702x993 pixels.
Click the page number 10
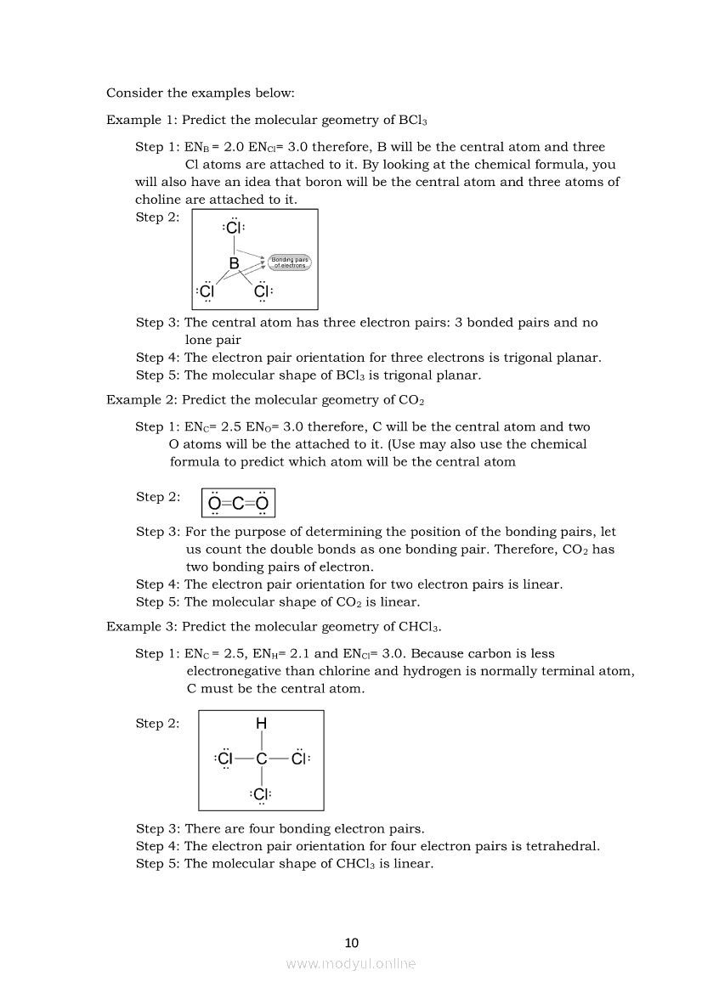(x=352, y=943)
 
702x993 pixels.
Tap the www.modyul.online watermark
(x=351, y=963)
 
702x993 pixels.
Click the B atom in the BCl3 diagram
(x=234, y=263)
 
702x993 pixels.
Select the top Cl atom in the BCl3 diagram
(x=234, y=228)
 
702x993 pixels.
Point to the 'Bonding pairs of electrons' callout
(x=291, y=262)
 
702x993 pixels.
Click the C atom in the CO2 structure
(x=239, y=504)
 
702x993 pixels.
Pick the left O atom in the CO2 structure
(x=214, y=504)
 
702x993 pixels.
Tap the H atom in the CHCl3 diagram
(x=261, y=724)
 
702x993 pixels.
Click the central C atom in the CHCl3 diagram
(x=261, y=759)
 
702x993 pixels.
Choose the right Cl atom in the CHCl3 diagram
(x=298, y=759)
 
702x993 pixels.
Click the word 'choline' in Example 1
(x=159, y=200)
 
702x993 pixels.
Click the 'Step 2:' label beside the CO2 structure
(x=158, y=497)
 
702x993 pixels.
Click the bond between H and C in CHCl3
(x=261, y=741)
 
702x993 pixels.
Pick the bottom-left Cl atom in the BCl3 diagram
(x=206, y=291)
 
